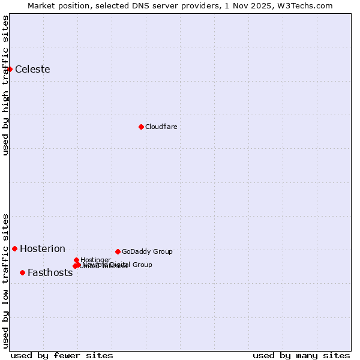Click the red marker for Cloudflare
[141, 127]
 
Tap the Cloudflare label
[161, 127]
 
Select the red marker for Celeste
[10, 69]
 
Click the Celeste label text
[32, 70]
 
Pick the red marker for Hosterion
[14, 248]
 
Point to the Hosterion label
[43, 249]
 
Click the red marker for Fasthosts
[22, 272]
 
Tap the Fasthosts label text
[50, 273]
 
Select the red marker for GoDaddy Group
[118, 251]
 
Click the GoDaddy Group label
[147, 252]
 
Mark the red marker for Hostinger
[76, 260]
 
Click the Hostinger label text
[96, 260]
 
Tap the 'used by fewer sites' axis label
[62, 355]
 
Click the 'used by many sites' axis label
[301, 355]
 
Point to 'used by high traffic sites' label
[5, 85]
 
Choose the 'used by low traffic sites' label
[5, 281]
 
